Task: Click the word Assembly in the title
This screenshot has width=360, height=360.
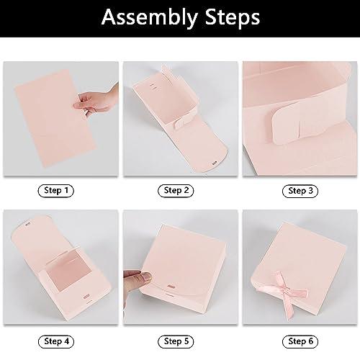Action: click(150, 17)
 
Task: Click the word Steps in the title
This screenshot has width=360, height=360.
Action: click(233, 17)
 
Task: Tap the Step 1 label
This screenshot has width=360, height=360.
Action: click(56, 191)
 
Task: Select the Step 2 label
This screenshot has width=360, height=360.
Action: click(176, 191)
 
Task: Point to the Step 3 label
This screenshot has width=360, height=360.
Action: click(300, 191)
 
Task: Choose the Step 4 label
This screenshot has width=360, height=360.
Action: click(56, 341)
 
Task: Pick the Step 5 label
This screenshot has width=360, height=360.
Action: click(176, 341)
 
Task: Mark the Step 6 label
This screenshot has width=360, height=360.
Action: click(300, 341)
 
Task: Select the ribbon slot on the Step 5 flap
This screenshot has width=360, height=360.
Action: click(171, 287)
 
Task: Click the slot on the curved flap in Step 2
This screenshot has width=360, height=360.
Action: click(215, 163)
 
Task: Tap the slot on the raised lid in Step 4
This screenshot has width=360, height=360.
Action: click(28, 225)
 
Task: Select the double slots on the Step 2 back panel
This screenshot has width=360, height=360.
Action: click(153, 87)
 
